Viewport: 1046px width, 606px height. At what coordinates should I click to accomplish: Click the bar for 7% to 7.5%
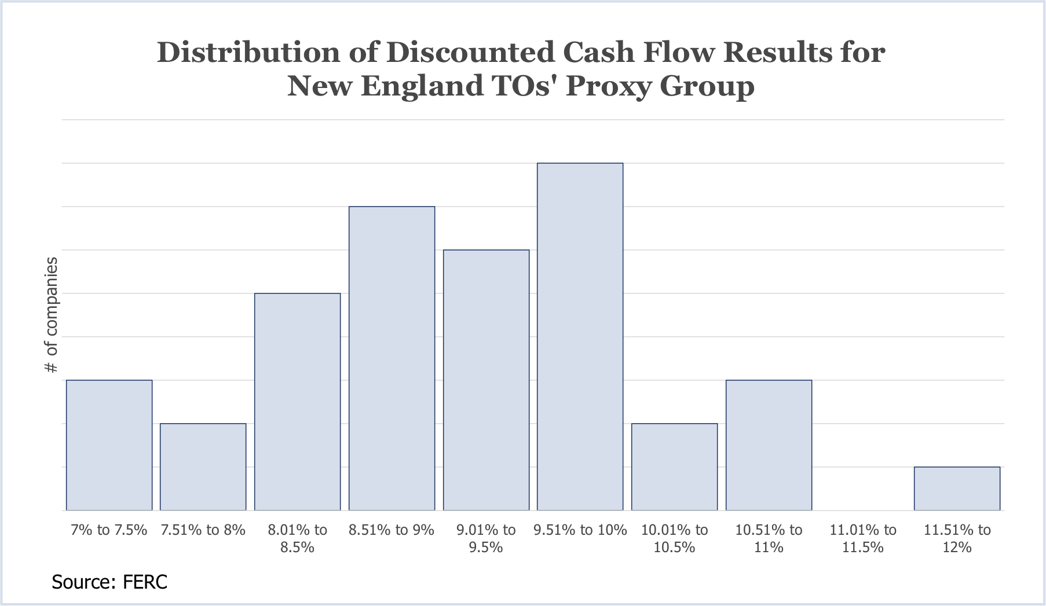(x=109, y=445)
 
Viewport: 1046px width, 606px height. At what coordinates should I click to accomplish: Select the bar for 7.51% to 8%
(x=203, y=467)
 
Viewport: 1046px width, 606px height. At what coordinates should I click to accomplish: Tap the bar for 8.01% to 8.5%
(x=298, y=402)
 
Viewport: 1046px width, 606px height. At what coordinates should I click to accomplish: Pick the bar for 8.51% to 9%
(x=392, y=358)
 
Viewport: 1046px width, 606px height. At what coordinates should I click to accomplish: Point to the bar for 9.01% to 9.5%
(x=487, y=380)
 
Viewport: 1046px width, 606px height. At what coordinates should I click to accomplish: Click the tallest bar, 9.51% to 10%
(x=580, y=336)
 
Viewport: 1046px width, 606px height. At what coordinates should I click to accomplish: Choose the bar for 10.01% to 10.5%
(x=675, y=467)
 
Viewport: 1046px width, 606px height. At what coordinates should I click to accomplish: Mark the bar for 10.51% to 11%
(x=769, y=445)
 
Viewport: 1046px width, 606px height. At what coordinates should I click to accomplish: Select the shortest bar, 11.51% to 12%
(x=957, y=489)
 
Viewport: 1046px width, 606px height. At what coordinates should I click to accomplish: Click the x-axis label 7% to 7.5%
(x=109, y=530)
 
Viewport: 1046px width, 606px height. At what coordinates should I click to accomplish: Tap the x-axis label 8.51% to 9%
(x=392, y=530)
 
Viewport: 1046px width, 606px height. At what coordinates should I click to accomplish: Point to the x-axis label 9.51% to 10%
(x=580, y=530)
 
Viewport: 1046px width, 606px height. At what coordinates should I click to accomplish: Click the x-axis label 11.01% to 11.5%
(x=863, y=538)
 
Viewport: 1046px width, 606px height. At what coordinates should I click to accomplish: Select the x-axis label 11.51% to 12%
(x=957, y=538)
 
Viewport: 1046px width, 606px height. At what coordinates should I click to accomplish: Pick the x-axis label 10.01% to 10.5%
(x=675, y=538)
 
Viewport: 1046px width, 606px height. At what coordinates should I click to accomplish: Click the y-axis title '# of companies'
(x=52, y=315)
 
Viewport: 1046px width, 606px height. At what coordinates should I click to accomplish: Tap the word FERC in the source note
(x=145, y=581)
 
